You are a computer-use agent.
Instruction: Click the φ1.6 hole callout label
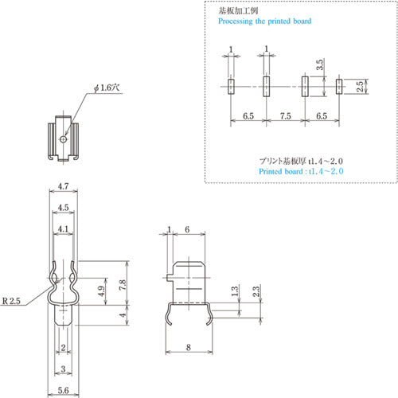(107, 88)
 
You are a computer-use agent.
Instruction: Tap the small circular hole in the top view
(63, 139)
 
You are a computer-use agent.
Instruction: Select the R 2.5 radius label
(11, 301)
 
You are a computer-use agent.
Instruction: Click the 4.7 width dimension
(63, 186)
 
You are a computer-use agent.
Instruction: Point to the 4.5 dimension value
(63, 208)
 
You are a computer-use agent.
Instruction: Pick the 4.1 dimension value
(63, 228)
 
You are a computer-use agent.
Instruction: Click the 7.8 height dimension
(123, 285)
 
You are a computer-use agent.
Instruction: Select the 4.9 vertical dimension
(101, 291)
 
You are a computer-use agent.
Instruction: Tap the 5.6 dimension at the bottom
(63, 391)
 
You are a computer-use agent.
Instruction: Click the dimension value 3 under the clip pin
(63, 369)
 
